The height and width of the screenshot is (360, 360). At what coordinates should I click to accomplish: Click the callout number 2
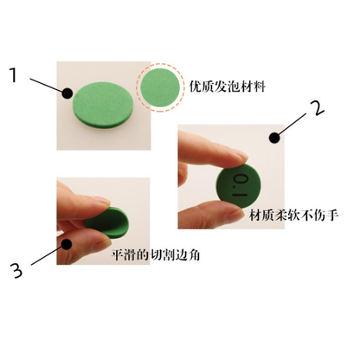pos(317,109)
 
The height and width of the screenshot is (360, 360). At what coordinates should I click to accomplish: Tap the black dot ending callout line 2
pos(274,136)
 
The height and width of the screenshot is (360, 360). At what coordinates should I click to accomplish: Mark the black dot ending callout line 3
pos(67,242)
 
